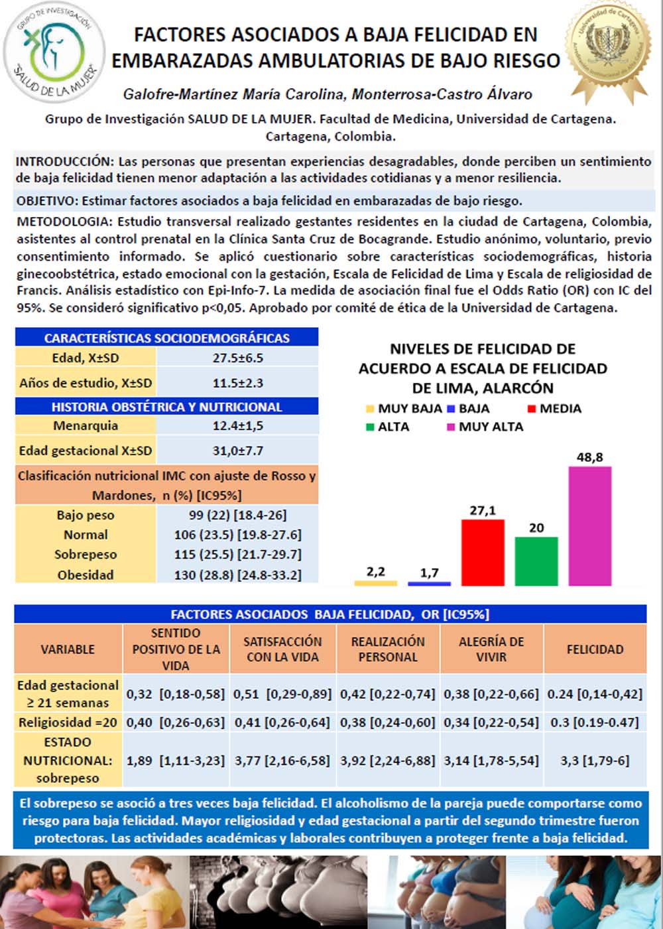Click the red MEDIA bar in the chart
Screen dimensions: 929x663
[483, 552]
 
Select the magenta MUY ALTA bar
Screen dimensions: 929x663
[589, 526]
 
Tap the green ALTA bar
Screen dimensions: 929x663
[536, 561]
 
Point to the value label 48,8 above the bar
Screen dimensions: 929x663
[589, 457]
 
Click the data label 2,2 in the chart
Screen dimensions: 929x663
[375, 571]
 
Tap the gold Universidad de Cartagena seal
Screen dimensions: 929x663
[609, 51]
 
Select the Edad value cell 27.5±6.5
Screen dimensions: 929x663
[237, 358]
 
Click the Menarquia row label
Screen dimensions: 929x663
[86, 426]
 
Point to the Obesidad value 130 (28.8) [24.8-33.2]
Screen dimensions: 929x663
[237, 575]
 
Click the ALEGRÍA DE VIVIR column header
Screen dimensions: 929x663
[491, 650]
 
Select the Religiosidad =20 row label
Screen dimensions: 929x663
[68, 722]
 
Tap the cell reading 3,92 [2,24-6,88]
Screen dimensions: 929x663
[388, 760]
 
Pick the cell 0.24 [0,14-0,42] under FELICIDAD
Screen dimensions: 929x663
[595, 694]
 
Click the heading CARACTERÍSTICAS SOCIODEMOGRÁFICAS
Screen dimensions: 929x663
[167, 338]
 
